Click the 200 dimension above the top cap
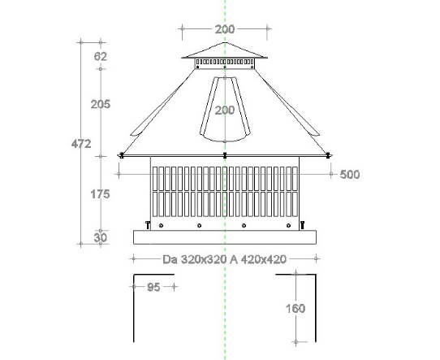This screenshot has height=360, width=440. (225, 29)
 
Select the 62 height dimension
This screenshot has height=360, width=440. (101, 57)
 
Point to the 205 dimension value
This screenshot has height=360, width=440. (101, 104)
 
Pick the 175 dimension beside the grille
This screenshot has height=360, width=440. (101, 194)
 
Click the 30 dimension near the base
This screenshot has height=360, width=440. (101, 237)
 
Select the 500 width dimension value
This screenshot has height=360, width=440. (350, 174)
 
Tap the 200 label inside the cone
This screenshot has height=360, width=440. (225, 111)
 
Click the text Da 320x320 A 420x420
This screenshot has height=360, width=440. (225, 260)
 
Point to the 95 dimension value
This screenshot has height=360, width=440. (154, 287)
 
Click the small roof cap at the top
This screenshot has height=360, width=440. (225, 51)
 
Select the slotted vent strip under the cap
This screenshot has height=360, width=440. (225, 62)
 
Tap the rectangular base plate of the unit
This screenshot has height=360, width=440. (225, 237)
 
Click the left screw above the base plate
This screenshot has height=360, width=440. (148, 223)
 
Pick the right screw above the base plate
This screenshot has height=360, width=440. (302, 223)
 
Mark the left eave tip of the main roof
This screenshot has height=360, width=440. (121, 154)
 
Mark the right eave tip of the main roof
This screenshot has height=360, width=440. (329, 154)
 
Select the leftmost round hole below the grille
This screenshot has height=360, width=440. (162, 226)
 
